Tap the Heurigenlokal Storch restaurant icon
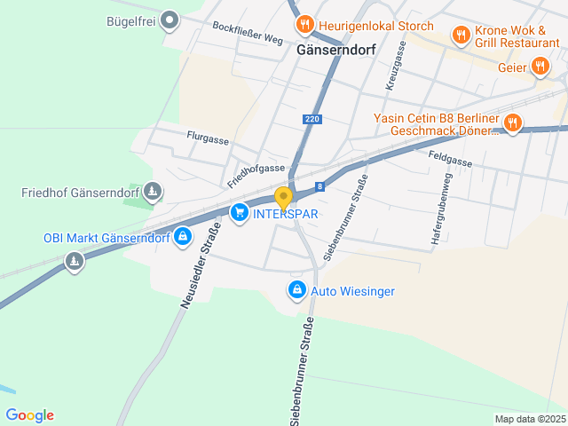(x=304, y=25)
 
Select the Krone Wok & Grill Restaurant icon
(x=461, y=35)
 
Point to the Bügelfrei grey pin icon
(x=170, y=20)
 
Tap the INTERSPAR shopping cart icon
(x=239, y=213)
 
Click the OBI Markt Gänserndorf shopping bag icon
(x=182, y=237)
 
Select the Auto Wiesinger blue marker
(x=296, y=290)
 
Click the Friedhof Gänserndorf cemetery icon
(x=154, y=192)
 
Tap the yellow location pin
(x=283, y=199)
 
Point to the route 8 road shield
(x=319, y=186)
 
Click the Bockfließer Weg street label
(x=248, y=34)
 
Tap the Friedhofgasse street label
(x=256, y=175)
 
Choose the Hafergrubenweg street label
(x=441, y=209)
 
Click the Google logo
(x=29, y=415)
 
